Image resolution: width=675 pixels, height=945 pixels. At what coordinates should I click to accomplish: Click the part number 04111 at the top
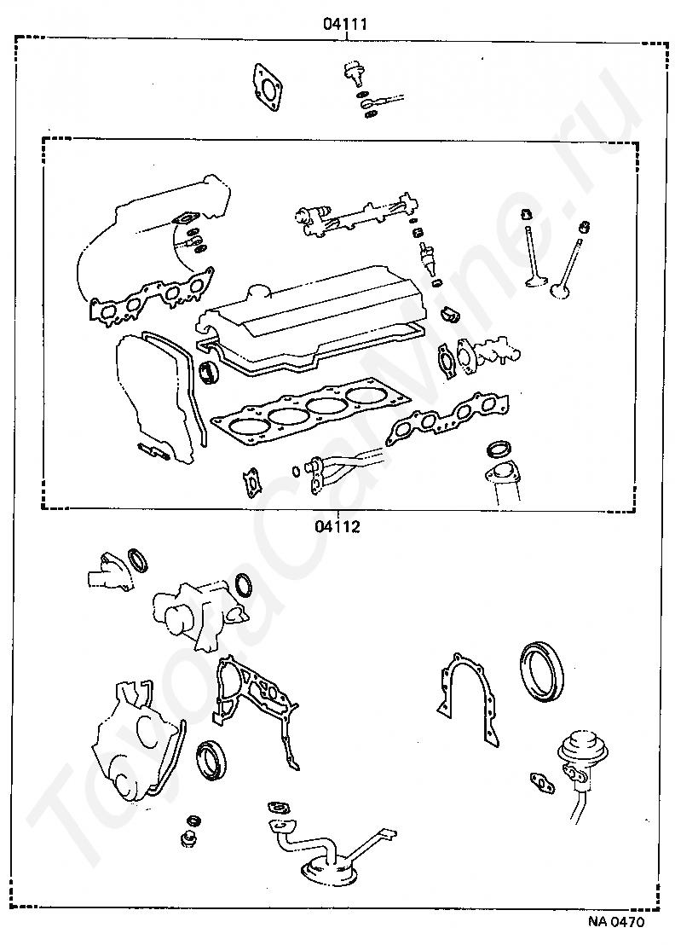coord(344,25)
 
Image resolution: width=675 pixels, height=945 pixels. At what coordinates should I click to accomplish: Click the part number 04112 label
coord(337,526)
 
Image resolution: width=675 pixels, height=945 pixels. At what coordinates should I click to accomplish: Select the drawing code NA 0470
coord(615,922)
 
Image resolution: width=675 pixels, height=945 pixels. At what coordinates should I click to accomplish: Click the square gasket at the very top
coord(268,87)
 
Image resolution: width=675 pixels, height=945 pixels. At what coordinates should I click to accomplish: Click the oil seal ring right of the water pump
coord(245,585)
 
